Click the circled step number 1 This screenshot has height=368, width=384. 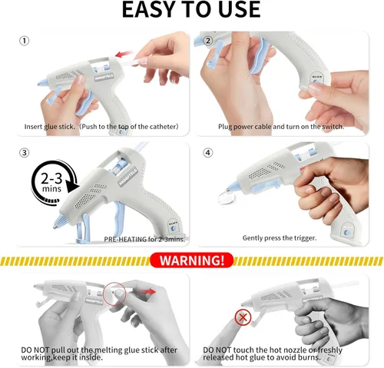pos(25,41)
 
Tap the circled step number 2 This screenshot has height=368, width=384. pos(208,41)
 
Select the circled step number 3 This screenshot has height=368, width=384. pos(25,153)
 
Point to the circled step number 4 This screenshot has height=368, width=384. pos(208,153)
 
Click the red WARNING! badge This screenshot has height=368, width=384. pos(192,260)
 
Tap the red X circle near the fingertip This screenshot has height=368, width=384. pos(243,317)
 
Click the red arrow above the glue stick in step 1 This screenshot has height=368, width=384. pos(124,54)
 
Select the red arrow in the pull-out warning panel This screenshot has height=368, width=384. pos(147,291)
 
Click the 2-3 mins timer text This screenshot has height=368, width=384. pos(51,182)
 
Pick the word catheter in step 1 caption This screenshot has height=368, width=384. pos(163,127)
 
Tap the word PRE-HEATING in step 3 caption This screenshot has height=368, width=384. pos(125,239)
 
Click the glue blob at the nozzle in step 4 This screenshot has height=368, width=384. pos(225,197)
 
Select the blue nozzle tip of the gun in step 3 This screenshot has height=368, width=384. pos(58,221)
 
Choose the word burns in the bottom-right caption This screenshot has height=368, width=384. pos(310,357)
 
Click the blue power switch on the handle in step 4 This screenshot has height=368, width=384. pos(347,233)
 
